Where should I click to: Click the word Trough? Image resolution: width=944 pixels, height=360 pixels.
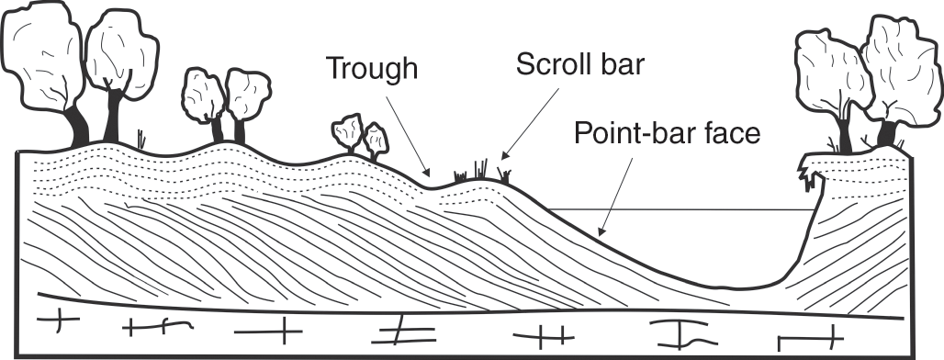372,68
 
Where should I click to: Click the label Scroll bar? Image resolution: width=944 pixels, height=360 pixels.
579,64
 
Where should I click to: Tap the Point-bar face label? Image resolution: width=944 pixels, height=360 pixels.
667,133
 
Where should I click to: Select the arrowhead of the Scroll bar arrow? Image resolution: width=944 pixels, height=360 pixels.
505,155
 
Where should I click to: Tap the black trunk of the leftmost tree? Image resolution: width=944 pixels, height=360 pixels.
78,127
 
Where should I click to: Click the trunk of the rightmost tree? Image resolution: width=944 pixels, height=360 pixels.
886,133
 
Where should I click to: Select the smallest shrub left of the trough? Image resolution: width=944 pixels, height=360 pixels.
376,140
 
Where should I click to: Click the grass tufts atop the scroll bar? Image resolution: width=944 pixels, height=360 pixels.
482,172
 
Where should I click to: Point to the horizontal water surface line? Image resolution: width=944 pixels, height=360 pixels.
680,209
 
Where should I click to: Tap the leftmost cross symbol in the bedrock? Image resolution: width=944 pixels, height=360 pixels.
58,321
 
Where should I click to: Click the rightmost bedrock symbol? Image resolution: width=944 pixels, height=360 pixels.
809,338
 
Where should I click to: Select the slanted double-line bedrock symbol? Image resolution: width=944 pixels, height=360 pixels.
403,335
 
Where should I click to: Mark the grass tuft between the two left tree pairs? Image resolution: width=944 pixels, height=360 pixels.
141,139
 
